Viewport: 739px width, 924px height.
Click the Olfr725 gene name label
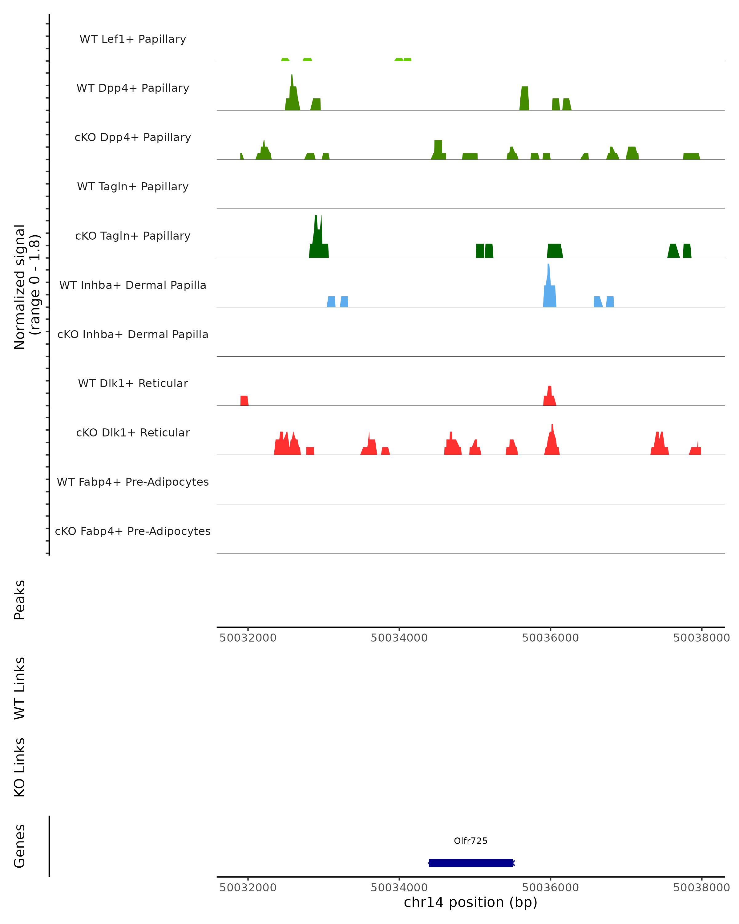point(470,841)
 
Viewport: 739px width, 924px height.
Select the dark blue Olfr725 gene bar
point(470,863)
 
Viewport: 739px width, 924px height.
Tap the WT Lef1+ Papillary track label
point(133,39)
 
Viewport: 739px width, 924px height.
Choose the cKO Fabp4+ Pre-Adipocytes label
point(133,531)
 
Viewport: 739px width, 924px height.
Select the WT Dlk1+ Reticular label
point(133,383)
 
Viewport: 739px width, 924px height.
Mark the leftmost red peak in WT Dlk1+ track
point(244,401)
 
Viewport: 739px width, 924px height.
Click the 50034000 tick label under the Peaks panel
point(399,638)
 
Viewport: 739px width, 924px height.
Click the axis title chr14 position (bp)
point(470,902)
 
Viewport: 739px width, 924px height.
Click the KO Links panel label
point(20,768)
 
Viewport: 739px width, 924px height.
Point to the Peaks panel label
point(20,600)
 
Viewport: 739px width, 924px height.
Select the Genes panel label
point(20,846)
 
